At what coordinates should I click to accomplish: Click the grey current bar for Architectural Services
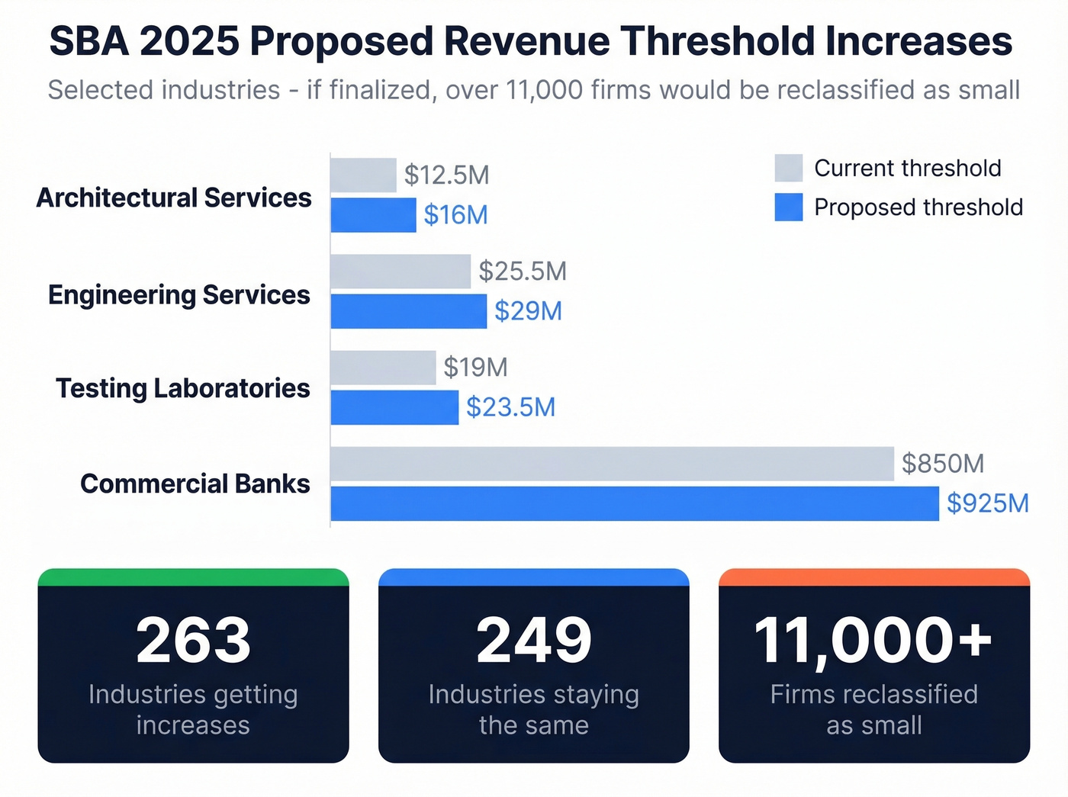click(363, 175)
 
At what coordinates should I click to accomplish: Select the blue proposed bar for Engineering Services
click(408, 311)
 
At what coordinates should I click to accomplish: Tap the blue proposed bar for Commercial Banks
click(634, 503)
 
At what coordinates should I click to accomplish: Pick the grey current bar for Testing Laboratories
click(383, 368)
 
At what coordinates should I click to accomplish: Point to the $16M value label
click(455, 215)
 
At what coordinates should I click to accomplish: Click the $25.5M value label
click(523, 272)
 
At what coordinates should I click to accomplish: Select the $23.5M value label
click(510, 407)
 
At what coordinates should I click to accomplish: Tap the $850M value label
click(943, 464)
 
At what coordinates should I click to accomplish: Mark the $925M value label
click(988, 503)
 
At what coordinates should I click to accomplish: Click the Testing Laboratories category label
click(183, 388)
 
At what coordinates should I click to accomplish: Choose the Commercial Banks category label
click(195, 484)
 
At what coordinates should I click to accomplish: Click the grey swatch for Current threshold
click(788, 168)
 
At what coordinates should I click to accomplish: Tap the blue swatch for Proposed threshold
click(788, 207)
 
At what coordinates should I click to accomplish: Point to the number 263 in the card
click(193, 641)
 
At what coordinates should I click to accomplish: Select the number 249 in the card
click(534, 641)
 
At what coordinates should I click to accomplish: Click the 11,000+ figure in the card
click(873, 641)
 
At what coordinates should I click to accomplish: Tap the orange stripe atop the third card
click(874, 577)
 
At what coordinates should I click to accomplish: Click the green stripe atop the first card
click(193, 577)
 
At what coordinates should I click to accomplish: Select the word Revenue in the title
click(526, 41)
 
